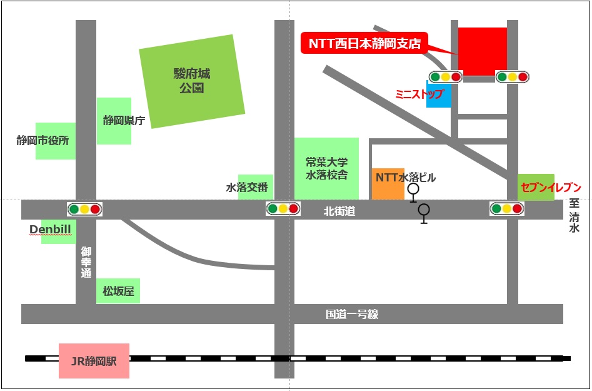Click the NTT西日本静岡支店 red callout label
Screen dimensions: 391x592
point(364,44)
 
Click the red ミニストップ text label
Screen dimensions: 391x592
point(419,94)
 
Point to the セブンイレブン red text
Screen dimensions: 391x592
point(551,188)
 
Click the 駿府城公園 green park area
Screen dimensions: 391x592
point(192,81)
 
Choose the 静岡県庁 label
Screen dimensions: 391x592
point(124,121)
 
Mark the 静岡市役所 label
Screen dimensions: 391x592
point(43,141)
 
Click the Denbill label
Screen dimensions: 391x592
point(51,230)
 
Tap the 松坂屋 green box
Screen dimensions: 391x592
point(118,292)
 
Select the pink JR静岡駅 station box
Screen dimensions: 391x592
point(94,360)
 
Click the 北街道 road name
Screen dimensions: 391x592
point(339,211)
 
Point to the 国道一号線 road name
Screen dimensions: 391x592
point(351,314)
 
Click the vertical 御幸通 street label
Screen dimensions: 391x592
point(86,262)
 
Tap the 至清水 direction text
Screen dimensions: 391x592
point(574,216)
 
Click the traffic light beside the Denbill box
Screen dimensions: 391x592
point(85,209)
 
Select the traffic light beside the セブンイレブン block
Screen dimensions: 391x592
point(507,209)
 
